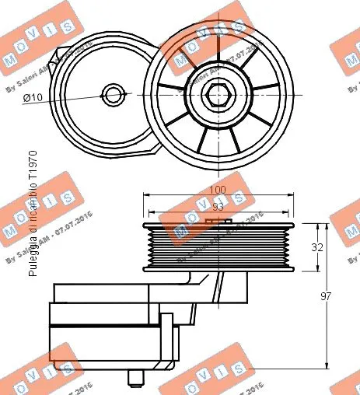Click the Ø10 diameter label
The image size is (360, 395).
[x=32, y=97]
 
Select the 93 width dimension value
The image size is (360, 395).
[x=218, y=208]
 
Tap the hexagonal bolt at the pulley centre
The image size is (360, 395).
[x=216, y=95]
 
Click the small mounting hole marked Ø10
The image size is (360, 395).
[x=115, y=96]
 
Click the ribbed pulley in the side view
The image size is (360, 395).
[x=218, y=247]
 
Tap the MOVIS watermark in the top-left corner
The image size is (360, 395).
[x=27, y=47]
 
